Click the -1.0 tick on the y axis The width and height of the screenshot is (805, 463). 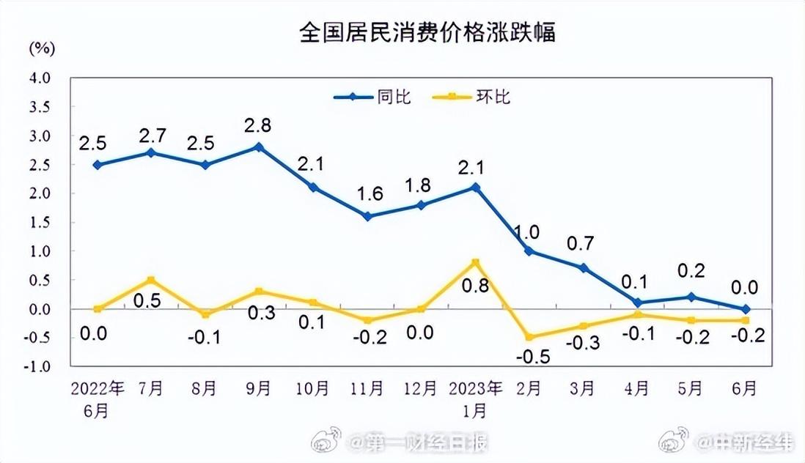click(38, 367)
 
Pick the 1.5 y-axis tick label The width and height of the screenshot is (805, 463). click(40, 223)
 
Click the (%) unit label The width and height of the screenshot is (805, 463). click(42, 49)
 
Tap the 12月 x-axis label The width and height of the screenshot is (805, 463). click(420, 388)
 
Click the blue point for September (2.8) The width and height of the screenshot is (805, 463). click(258, 147)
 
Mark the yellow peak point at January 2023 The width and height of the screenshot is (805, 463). click(476, 262)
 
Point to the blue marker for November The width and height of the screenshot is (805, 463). click(367, 216)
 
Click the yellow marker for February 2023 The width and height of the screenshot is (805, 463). click(529, 337)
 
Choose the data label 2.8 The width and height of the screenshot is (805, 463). click(258, 125)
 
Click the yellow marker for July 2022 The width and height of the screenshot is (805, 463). click(150, 280)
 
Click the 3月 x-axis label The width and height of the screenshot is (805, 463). click(583, 388)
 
